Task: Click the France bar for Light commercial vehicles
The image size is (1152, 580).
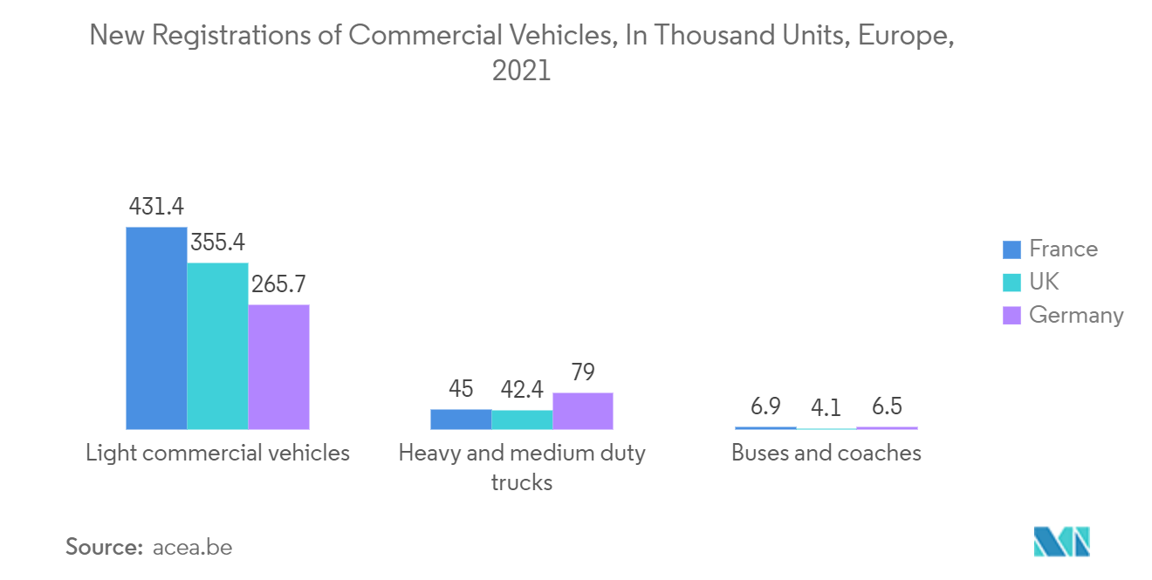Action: (x=156, y=328)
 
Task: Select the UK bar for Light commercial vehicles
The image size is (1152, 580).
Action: (x=217, y=346)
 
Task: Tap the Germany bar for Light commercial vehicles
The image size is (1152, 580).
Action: (x=278, y=367)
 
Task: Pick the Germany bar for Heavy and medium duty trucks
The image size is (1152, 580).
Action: (x=583, y=411)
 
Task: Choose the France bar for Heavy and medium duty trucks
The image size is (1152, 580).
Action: (x=461, y=420)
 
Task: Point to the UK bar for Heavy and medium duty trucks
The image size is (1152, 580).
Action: (x=522, y=420)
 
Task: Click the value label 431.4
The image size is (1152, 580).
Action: (x=156, y=207)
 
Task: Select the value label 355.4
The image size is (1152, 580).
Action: (x=217, y=242)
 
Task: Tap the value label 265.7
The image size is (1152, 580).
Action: (x=278, y=284)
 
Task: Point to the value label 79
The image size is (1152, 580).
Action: (x=583, y=373)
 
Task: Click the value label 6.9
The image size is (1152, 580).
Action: (x=765, y=407)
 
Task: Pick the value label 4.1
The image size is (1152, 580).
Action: (x=826, y=408)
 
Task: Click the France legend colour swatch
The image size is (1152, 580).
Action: (x=1011, y=249)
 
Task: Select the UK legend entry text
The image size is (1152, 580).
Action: (x=1044, y=282)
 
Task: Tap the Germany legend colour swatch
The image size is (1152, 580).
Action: (x=1011, y=315)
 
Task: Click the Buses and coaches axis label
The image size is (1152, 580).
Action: (x=826, y=454)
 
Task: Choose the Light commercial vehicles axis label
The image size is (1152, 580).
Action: (x=217, y=454)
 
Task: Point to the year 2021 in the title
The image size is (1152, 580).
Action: (x=522, y=71)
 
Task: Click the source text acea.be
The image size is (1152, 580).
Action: (x=192, y=548)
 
